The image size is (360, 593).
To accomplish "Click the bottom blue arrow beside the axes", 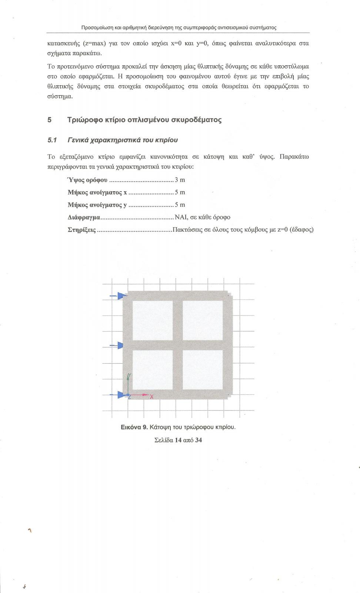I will click(x=120, y=395).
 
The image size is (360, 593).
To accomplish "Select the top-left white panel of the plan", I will click(x=153, y=320).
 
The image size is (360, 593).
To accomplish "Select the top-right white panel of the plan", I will click(x=203, y=320).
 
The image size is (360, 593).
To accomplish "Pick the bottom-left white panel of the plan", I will click(x=153, y=370).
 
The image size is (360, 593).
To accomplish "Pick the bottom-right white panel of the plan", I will click(x=203, y=370).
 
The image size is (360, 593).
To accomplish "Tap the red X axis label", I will click(x=151, y=397).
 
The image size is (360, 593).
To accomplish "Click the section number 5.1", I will click(x=52, y=140).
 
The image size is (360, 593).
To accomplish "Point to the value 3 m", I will click(x=180, y=180).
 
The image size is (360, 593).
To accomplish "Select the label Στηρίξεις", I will click(x=82, y=230).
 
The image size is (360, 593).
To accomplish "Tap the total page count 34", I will click(x=199, y=440).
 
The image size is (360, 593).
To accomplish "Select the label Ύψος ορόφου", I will click(x=87, y=180).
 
